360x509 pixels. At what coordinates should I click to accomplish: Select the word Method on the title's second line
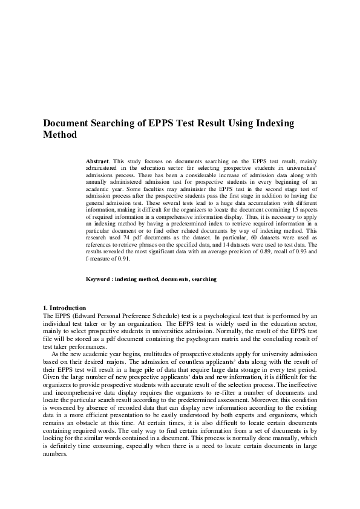coord(61,135)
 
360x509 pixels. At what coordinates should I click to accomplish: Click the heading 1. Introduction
coord(65,308)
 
